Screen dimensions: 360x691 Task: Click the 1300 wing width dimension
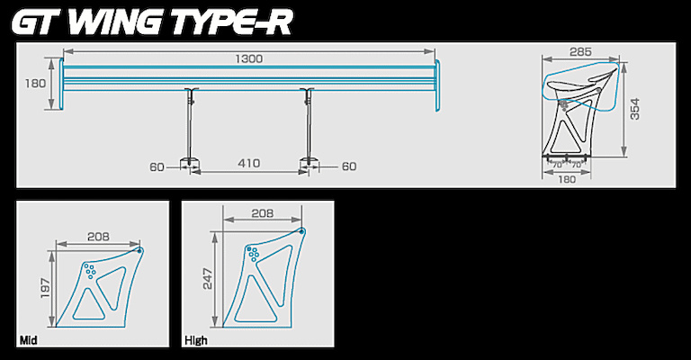click(x=249, y=58)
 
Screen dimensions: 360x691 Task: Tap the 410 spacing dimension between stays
click(x=248, y=164)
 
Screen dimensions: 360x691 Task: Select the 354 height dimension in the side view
click(x=636, y=110)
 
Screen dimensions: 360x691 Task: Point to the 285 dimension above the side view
click(x=580, y=52)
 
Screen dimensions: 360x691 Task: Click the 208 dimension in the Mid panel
click(x=98, y=237)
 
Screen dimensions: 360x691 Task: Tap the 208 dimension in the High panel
click(x=262, y=214)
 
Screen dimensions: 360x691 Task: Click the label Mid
click(x=28, y=341)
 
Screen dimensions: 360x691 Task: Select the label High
click(x=195, y=341)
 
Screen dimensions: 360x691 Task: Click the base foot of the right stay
click(x=309, y=163)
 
